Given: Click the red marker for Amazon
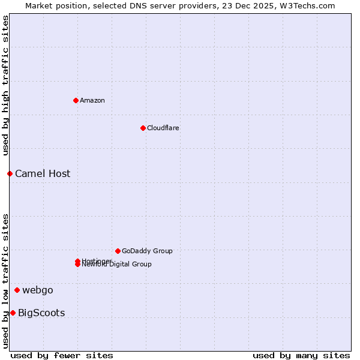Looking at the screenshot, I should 76,100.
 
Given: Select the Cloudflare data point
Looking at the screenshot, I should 143,128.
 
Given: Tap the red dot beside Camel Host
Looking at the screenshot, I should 10,173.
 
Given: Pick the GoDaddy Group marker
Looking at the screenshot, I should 118,251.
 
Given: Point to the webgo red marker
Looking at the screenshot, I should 17,290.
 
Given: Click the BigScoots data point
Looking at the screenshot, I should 13,313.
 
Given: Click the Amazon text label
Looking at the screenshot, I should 92,100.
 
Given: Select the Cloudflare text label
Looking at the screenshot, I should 163,128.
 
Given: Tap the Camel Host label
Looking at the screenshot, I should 43,173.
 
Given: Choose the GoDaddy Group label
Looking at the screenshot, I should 147,251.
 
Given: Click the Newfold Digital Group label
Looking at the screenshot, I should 117,265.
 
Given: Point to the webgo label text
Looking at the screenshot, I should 38,290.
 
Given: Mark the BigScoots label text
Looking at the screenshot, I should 41,313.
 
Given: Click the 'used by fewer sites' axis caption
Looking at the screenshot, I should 62,355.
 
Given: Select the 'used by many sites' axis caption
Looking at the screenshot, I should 301,355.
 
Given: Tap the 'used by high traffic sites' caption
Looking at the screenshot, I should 6,85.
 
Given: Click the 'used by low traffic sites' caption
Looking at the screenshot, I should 6,280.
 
